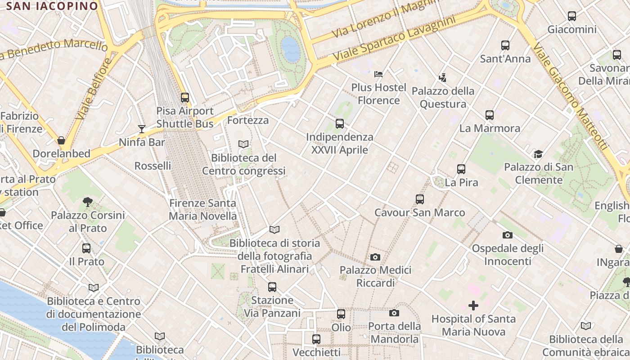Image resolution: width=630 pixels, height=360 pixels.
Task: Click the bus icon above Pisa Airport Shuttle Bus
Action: (184, 97)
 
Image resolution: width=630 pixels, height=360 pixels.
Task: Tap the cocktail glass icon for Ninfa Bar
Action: (142, 129)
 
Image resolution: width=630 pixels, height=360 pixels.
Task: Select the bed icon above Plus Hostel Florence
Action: (378, 74)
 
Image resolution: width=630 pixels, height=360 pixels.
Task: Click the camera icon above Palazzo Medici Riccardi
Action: (375, 257)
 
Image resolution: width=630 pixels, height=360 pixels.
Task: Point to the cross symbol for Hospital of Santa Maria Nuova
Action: (473, 306)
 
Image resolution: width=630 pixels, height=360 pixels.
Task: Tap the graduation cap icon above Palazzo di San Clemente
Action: (538, 154)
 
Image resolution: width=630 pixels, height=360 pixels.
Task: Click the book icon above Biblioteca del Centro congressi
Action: (243, 144)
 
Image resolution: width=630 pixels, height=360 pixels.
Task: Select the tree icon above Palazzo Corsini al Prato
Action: (88, 202)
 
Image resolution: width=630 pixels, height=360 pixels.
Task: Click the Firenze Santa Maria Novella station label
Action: (202, 210)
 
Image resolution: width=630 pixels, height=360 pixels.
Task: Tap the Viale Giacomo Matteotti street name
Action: (569, 94)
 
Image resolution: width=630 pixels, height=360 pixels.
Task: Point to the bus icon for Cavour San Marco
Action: (419, 199)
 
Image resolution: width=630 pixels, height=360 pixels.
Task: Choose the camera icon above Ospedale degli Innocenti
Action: (507, 235)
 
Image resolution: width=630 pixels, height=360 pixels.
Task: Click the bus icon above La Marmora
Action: (490, 115)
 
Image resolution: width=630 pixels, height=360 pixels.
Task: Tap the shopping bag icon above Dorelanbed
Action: (61, 140)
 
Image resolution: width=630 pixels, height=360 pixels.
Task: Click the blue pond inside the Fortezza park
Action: (291, 49)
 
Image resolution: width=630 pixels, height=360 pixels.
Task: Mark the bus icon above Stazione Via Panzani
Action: (272, 287)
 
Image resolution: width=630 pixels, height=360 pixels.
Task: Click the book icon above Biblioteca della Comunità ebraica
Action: (585, 326)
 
